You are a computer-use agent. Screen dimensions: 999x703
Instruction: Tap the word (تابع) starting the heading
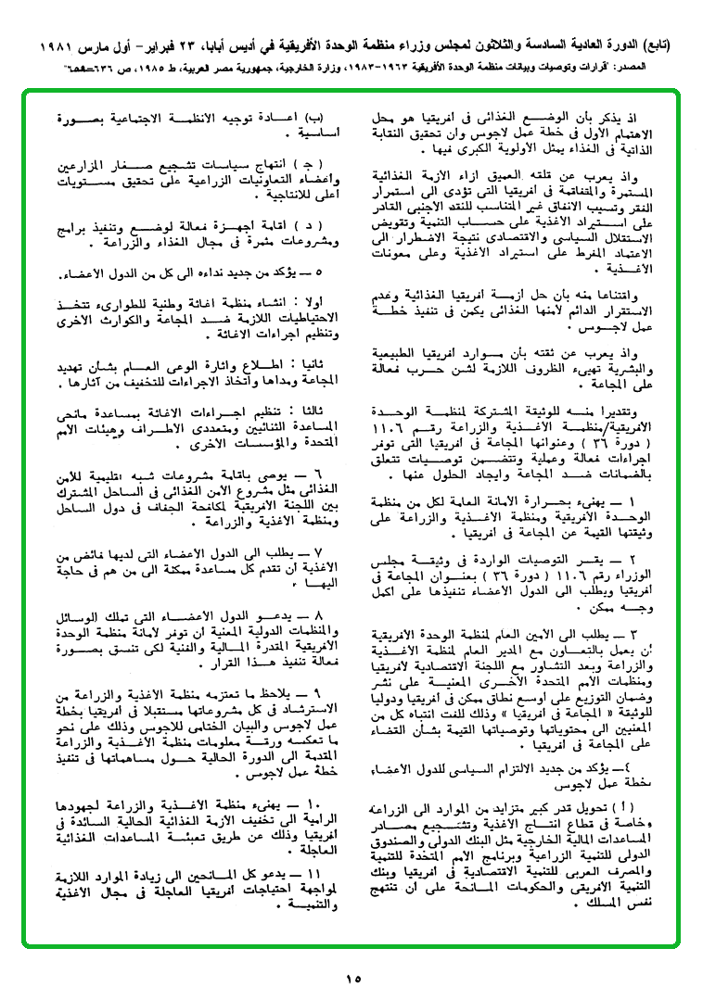[x=663, y=44]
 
